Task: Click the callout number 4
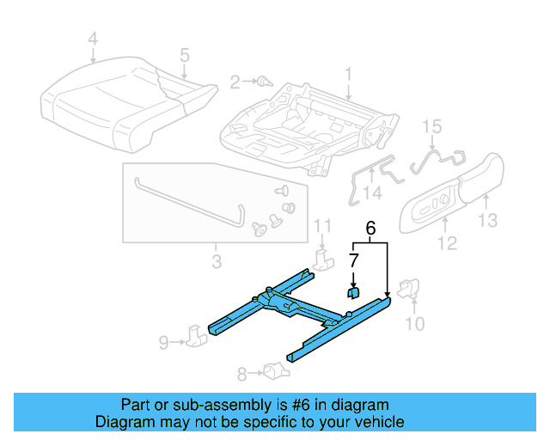tap(93, 39)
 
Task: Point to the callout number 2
tap(234, 82)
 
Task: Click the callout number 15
tap(432, 126)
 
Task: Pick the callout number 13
tap(487, 222)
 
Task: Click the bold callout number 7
tap(353, 259)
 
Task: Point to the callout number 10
tap(415, 323)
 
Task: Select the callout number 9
tap(163, 342)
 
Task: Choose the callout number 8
tap(242, 373)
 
